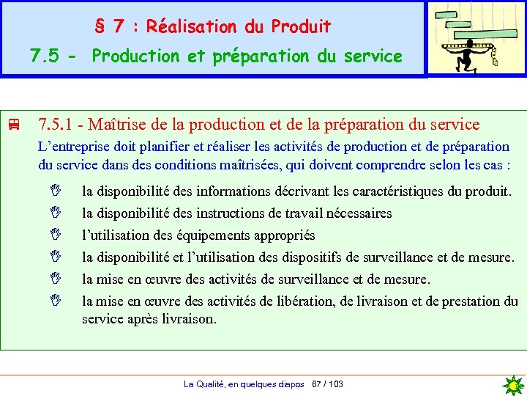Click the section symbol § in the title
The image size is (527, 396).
coord(100,27)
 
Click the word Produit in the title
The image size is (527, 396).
coord(301,27)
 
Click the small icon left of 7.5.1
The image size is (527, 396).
coord(12,125)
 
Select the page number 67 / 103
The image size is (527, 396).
coord(327,384)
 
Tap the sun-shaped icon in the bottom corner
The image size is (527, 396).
coord(514,385)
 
